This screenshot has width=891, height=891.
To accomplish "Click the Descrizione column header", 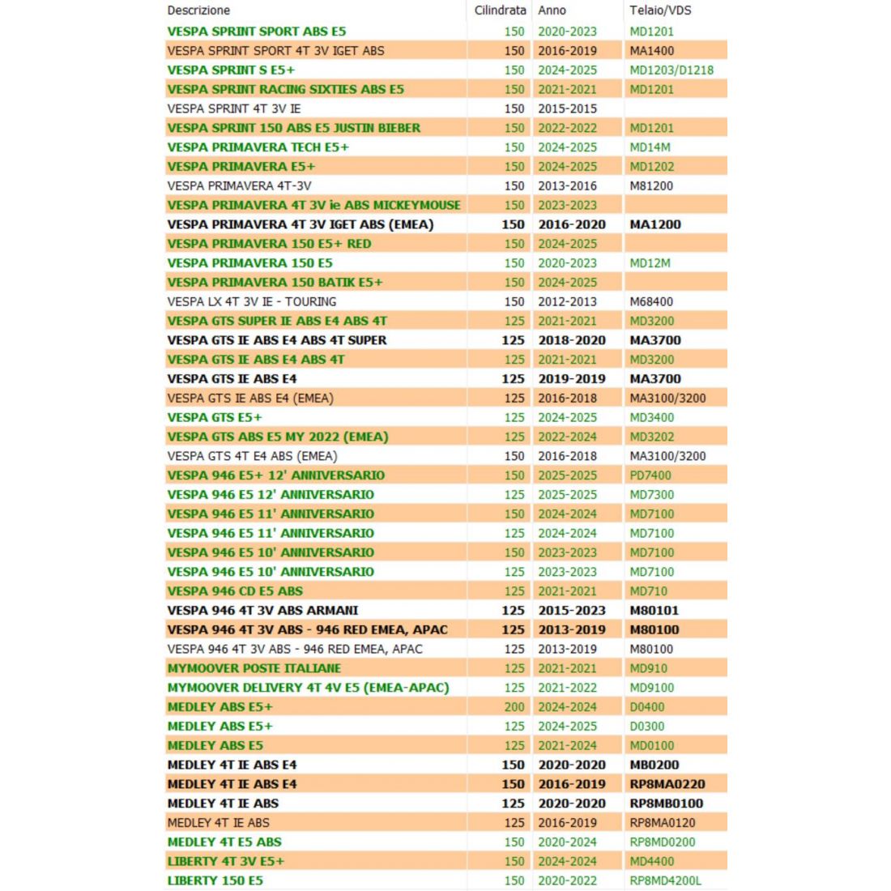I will [x=198, y=11].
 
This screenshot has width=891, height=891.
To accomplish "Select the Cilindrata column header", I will [x=500, y=11].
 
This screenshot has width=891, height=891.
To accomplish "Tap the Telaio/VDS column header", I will [x=660, y=11].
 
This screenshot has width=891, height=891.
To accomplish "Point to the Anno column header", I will [x=552, y=11].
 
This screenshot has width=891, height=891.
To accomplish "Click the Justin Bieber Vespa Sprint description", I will [x=293, y=128].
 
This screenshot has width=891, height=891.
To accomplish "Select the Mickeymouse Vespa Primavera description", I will [x=313, y=205].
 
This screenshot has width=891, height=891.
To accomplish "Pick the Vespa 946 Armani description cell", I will [x=262, y=611].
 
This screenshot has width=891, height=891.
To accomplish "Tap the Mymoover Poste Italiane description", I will [x=254, y=668].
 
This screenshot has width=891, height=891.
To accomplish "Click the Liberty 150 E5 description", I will [x=215, y=880].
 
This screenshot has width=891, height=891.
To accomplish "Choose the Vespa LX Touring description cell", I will [x=251, y=301].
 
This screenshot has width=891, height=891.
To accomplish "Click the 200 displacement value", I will [x=514, y=707].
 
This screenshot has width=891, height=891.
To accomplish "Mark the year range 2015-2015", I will [x=567, y=109].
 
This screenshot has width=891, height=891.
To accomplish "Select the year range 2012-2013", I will [x=567, y=301].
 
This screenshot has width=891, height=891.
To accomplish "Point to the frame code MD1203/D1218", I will [x=671, y=70].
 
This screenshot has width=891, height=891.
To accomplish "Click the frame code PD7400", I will [x=651, y=475].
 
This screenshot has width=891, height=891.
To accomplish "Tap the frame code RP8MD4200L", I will [x=666, y=880].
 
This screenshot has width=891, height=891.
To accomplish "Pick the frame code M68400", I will [x=651, y=301].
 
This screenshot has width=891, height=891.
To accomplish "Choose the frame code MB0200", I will [x=654, y=765].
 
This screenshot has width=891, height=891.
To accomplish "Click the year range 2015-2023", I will [x=572, y=611].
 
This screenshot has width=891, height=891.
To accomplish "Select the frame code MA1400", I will [x=651, y=50].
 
